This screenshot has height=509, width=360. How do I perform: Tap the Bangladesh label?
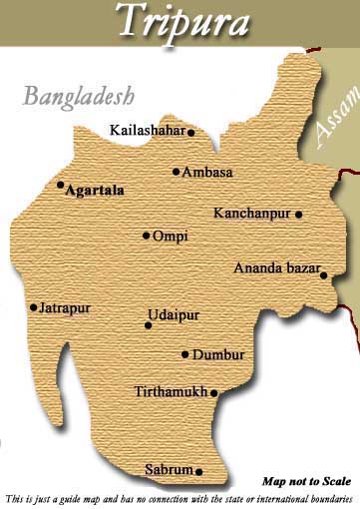(78, 98)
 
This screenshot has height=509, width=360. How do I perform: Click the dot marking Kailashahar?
(190, 132)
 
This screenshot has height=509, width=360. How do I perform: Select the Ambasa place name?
(208, 172)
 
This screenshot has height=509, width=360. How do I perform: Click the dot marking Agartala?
(60, 185)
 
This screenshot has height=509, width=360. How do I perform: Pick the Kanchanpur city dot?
(298, 214)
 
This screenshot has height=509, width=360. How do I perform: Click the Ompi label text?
(171, 237)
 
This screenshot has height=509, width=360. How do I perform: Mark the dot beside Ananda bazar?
(323, 276)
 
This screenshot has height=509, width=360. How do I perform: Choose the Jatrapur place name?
(65, 308)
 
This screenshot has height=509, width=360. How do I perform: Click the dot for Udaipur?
(148, 324)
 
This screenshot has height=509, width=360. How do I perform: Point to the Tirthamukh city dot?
(213, 393)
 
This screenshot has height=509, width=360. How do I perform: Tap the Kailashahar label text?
(147, 130)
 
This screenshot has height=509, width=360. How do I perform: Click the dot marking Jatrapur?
(34, 307)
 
